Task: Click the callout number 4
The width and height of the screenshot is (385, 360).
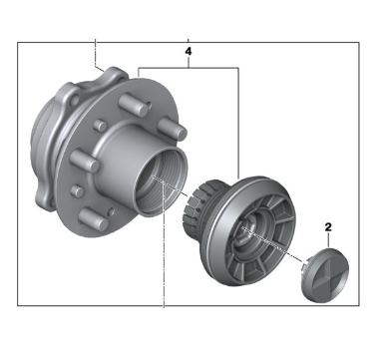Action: pyautogui.click(x=189, y=52)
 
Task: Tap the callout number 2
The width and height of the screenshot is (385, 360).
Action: pyautogui.click(x=328, y=227)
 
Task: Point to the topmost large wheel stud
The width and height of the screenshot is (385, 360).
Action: pyautogui.click(x=133, y=105)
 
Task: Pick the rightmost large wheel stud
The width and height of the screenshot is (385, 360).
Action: pyautogui.click(x=172, y=129)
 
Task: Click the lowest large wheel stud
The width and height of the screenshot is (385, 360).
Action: pyautogui.click(x=94, y=220)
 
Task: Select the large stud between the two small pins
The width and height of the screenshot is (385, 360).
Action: pyautogui.click(x=85, y=161)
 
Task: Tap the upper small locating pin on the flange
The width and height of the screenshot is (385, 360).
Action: pyautogui.click(x=100, y=125)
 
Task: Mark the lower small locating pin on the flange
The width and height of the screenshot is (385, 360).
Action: pyautogui.click(x=77, y=190)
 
